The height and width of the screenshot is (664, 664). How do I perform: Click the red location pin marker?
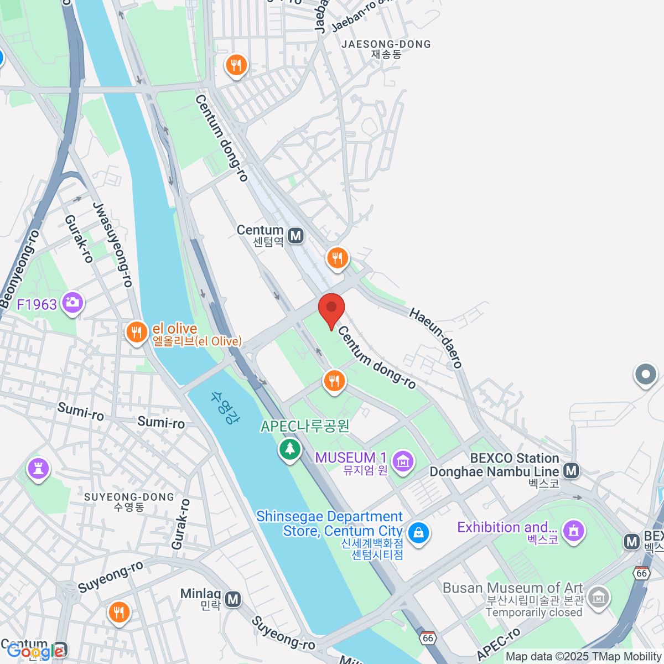tap(331, 309)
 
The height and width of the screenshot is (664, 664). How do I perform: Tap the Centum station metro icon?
tap(296, 236)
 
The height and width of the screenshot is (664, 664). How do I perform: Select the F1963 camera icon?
tap(72, 303)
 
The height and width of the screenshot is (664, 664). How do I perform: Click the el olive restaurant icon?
tap(136, 333)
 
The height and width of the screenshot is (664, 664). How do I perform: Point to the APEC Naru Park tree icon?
tap(289, 449)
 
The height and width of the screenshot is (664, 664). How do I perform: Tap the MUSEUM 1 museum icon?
tap(402, 460)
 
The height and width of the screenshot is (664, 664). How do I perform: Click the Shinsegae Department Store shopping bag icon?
tap(418, 533)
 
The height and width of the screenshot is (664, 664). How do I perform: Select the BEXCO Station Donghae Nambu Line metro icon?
tap(571, 471)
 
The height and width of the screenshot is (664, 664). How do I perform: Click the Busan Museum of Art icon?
tap(599, 597)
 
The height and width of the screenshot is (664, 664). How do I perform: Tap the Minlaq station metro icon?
tap(234, 599)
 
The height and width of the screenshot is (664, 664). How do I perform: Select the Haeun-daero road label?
tap(435, 338)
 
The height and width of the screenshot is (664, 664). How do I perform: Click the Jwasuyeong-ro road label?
tap(113, 245)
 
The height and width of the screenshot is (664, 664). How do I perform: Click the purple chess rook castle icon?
tap(38, 469)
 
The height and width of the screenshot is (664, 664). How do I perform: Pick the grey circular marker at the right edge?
tap(645, 375)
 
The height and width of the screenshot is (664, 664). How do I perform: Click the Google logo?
tap(34, 651)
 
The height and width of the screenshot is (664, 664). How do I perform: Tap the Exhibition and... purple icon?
tap(574, 531)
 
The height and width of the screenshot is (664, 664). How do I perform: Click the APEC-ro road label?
tap(499, 644)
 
